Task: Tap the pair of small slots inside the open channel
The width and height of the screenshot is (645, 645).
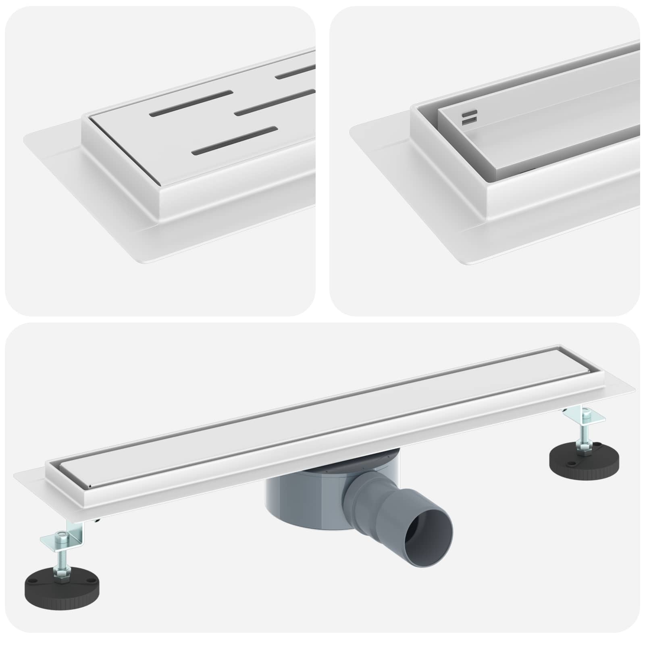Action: click(x=470, y=117)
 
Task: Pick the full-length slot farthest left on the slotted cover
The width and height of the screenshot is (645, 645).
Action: click(x=191, y=103)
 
